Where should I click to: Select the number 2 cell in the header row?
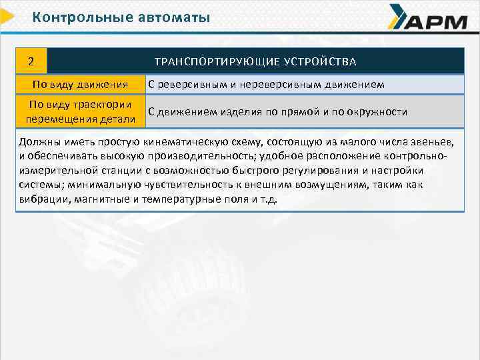[31, 62]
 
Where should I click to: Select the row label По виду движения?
[80, 85]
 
